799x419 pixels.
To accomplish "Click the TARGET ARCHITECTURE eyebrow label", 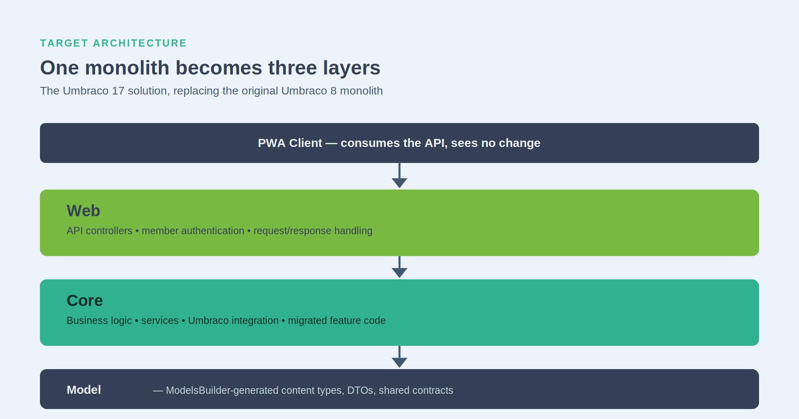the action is [x=113, y=43].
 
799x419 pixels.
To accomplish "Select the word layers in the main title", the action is [x=352, y=68].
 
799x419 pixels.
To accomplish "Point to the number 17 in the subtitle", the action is [x=118, y=91].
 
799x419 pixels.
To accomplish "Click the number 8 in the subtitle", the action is [x=334, y=91].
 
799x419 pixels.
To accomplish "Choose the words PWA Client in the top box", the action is [x=290, y=143].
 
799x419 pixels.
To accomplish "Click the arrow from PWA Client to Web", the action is [x=399, y=176].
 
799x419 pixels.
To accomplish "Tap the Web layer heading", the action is [x=83, y=211].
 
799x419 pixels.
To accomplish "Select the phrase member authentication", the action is [x=193, y=231].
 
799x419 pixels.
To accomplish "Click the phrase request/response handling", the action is [x=313, y=231].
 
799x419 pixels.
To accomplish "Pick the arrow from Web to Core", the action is [x=399, y=267].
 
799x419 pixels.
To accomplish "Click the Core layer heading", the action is [x=85, y=300].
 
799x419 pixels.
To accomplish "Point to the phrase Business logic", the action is [x=99, y=321].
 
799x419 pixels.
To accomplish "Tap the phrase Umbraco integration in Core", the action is [x=233, y=321].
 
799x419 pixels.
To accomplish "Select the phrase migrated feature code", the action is [x=337, y=321].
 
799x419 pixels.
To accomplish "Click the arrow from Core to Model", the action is [x=399, y=357].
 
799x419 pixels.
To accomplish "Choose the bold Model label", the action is [x=84, y=390].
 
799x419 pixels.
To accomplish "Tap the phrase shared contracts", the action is [x=416, y=390].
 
